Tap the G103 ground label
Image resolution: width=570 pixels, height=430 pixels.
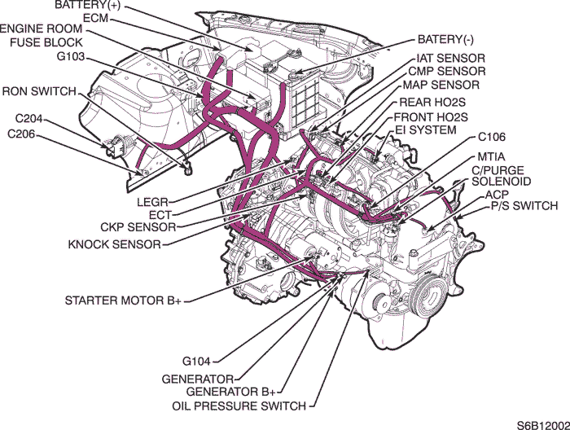[x=72, y=59]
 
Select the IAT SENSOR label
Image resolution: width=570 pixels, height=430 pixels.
[x=450, y=59]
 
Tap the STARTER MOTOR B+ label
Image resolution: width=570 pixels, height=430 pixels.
[x=123, y=301]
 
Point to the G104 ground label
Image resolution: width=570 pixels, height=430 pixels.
[x=198, y=359]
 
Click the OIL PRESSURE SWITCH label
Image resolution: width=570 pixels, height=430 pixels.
[x=239, y=406]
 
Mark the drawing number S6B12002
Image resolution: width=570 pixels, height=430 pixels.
[x=540, y=424]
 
